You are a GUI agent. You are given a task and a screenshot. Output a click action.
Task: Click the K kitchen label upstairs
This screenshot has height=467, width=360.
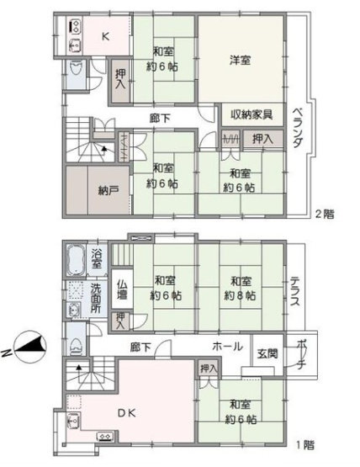[x=106, y=36]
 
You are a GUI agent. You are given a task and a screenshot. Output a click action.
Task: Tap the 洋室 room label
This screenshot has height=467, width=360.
[x=241, y=60]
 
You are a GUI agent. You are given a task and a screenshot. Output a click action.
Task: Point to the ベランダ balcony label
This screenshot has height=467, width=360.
[x=298, y=130]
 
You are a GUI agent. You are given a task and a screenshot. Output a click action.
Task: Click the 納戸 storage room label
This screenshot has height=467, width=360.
[x=97, y=189]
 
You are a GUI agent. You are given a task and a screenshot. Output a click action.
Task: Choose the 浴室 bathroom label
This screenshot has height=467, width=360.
[x=98, y=256]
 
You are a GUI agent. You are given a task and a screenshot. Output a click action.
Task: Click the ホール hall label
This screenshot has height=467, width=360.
[x=228, y=347]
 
